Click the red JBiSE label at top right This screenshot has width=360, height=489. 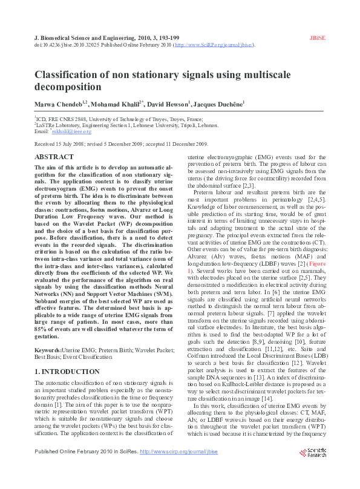pyautogui.click(x=318, y=38)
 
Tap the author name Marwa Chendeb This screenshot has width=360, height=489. pyautogui.click(x=59, y=104)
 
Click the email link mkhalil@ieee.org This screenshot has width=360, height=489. pyautogui.click(x=71, y=131)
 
